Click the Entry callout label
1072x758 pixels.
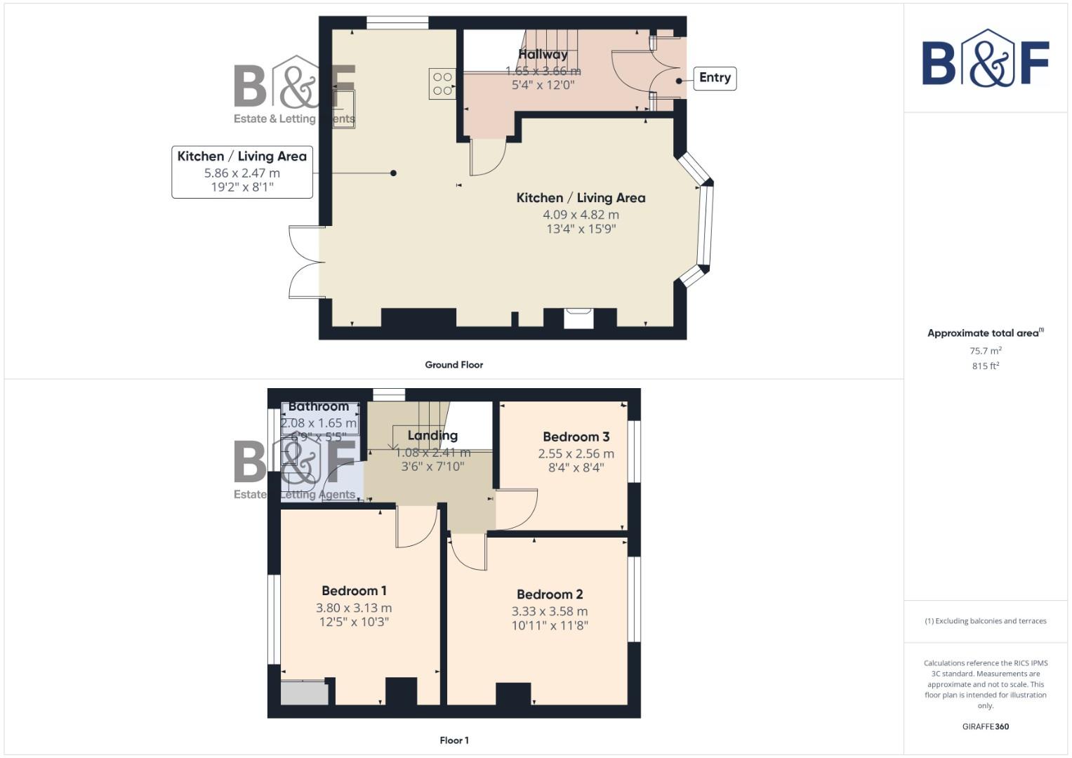click(715, 78)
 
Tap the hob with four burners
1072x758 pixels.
click(442, 84)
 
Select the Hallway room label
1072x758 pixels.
click(543, 54)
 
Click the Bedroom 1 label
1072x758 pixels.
click(354, 591)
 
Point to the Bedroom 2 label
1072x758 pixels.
click(550, 594)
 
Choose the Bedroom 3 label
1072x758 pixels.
click(576, 437)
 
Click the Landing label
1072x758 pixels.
click(432, 436)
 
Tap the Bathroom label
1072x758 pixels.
click(319, 406)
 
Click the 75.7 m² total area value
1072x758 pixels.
click(985, 351)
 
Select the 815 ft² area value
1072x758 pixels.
click(985, 366)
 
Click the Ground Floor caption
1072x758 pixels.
click(454, 365)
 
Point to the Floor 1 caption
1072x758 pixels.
click(454, 740)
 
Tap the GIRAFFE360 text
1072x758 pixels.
click(985, 726)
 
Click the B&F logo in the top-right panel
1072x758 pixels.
click(985, 60)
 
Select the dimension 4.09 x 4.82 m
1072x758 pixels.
click(581, 215)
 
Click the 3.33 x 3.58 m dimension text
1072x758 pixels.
click(550, 611)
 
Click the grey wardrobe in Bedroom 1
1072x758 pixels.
click(305, 693)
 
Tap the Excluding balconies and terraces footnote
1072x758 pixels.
click(985, 621)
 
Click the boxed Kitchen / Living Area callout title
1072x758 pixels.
click(242, 157)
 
